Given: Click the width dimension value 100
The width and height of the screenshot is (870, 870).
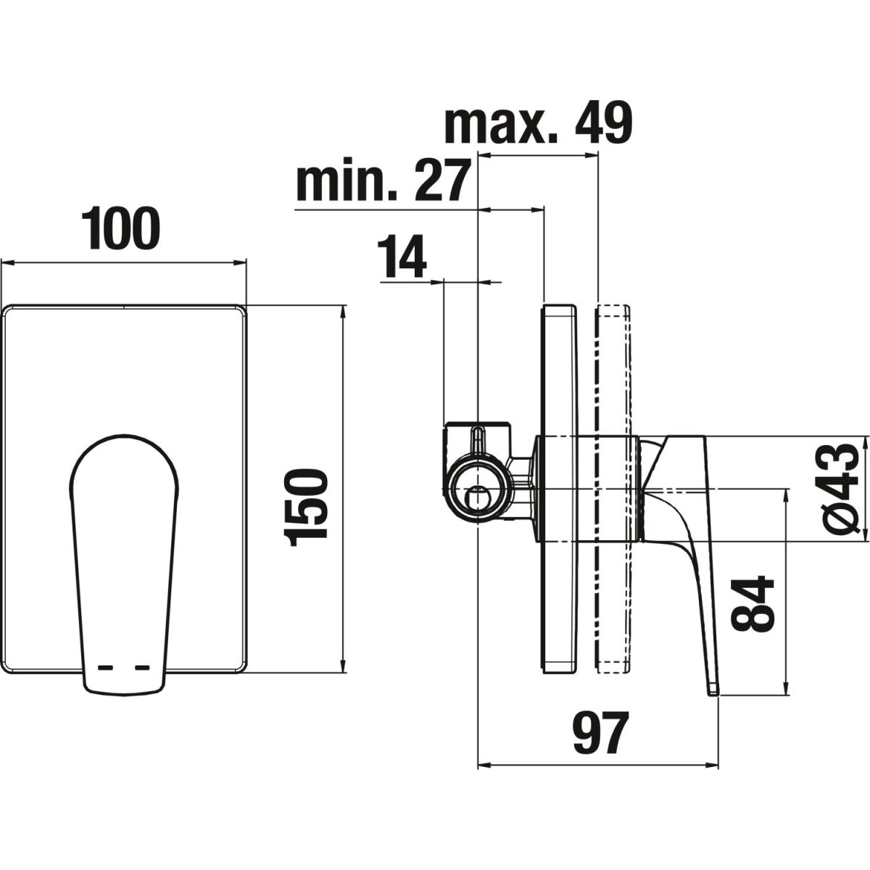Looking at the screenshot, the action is click(120, 228).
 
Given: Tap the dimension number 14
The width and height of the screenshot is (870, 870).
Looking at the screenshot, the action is click(402, 256).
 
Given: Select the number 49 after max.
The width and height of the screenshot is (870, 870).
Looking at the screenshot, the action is click(604, 122).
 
